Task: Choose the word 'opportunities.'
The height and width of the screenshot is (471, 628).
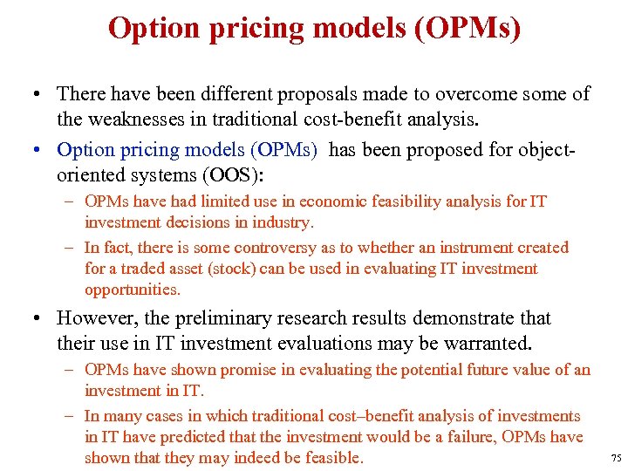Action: (x=133, y=290)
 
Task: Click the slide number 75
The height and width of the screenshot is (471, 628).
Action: (x=616, y=459)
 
